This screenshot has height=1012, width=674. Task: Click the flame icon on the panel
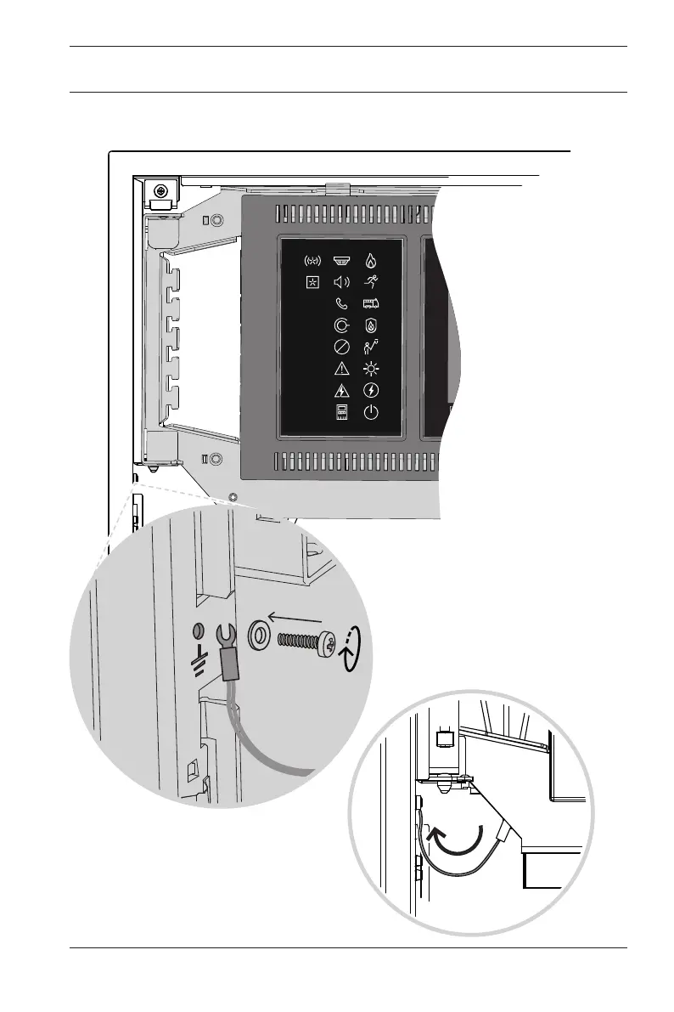point(371,260)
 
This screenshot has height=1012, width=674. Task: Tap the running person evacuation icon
point(371,281)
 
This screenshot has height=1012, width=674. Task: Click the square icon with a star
point(312,281)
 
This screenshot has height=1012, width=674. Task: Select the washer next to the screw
point(258,635)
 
